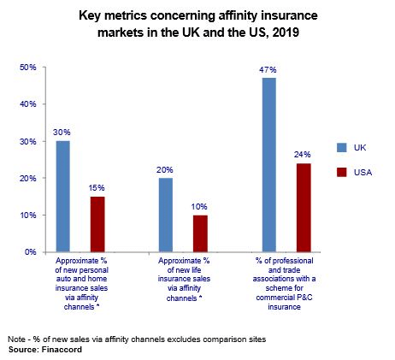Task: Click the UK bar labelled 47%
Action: point(269,165)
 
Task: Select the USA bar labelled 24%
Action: point(304,208)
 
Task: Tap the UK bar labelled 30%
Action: point(63,197)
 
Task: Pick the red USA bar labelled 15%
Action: point(97,224)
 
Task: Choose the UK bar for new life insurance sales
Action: point(166,215)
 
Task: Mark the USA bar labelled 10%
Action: point(200,233)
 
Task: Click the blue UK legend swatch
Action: point(342,148)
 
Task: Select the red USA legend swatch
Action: point(342,172)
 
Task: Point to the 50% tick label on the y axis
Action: point(28,68)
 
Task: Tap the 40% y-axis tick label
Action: point(28,104)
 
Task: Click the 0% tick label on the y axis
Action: point(31,252)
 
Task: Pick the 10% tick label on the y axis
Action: point(28,215)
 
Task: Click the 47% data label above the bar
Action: point(268,70)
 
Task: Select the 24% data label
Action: point(303,155)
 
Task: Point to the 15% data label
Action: point(97,188)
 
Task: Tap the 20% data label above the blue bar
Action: point(165,170)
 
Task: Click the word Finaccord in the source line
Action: point(62,350)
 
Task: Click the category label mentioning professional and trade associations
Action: point(284,284)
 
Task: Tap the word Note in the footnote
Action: point(16,339)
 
